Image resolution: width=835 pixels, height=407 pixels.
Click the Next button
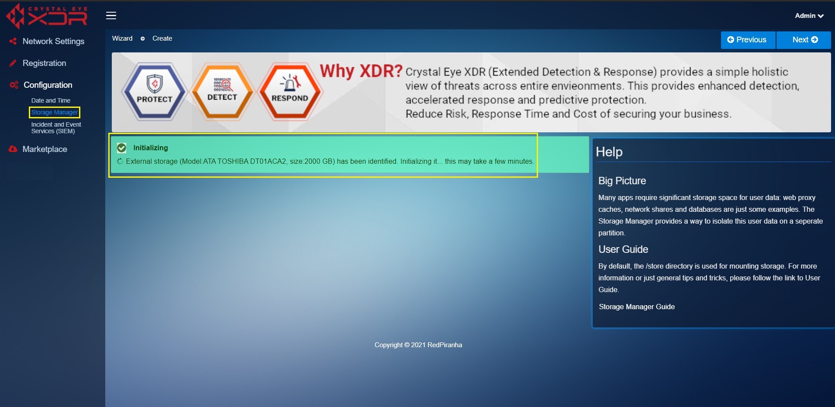pos(804,40)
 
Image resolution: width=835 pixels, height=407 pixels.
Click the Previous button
pos(748,40)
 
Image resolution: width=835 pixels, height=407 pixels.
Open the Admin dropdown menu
pos(809,16)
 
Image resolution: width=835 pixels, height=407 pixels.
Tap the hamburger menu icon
pos(111,16)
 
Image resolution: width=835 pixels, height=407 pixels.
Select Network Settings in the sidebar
pos(53,41)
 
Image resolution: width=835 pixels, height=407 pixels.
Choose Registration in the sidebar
pos(44,63)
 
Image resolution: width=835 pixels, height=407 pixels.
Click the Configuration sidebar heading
pos(48,85)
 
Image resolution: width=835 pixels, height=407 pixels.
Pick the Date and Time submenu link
pos(51,100)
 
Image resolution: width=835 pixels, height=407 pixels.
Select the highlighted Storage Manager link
pos(54,112)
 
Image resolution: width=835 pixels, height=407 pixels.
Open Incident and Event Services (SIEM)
pos(56,128)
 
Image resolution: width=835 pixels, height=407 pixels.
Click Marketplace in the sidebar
pos(45,149)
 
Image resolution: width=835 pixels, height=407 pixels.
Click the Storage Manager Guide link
pos(637,307)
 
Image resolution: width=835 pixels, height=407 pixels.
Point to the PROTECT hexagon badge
pos(155,92)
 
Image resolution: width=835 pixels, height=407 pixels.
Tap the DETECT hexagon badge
pos(222,92)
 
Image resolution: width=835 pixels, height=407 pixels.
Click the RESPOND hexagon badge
pos(290,92)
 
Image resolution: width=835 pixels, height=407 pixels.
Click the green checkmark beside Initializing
pos(122,148)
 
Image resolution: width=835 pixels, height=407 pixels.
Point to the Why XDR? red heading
pos(361,71)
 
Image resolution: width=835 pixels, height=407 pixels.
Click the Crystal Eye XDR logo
pos(47,16)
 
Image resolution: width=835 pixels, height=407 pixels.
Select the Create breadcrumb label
pos(162,38)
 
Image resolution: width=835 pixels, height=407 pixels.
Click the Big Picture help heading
pos(622,181)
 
